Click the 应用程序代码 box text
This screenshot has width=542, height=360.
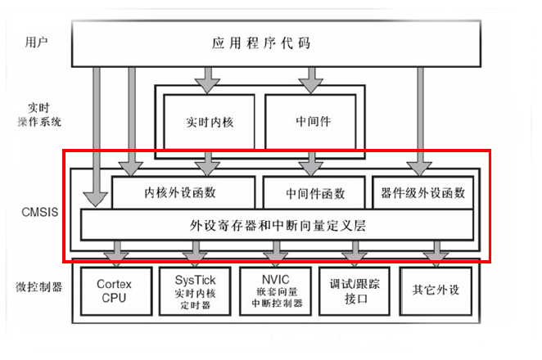point(261,43)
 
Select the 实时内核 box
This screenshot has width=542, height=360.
point(209,122)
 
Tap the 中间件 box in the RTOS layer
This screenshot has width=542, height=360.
point(310,122)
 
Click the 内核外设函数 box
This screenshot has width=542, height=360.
point(183,192)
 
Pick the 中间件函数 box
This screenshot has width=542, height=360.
point(314,192)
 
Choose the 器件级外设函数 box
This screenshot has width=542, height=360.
point(422,192)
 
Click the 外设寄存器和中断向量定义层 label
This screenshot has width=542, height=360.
point(278,225)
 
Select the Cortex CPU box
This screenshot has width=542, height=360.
point(116,291)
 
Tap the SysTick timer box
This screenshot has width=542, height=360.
point(195,291)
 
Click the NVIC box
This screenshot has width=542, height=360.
point(275,291)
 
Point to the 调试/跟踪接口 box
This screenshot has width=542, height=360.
point(355,291)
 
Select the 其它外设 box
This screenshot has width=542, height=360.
point(436,291)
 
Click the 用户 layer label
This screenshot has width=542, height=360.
point(36,43)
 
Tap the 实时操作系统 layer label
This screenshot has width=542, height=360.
point(39,115)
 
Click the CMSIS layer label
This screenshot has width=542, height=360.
point(40,212)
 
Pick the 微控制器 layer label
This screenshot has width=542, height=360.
point(38,286)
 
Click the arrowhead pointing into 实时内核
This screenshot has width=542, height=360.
point(207,86)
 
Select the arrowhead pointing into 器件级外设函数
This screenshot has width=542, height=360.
point(420,169)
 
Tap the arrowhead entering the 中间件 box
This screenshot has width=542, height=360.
point(311,86)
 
